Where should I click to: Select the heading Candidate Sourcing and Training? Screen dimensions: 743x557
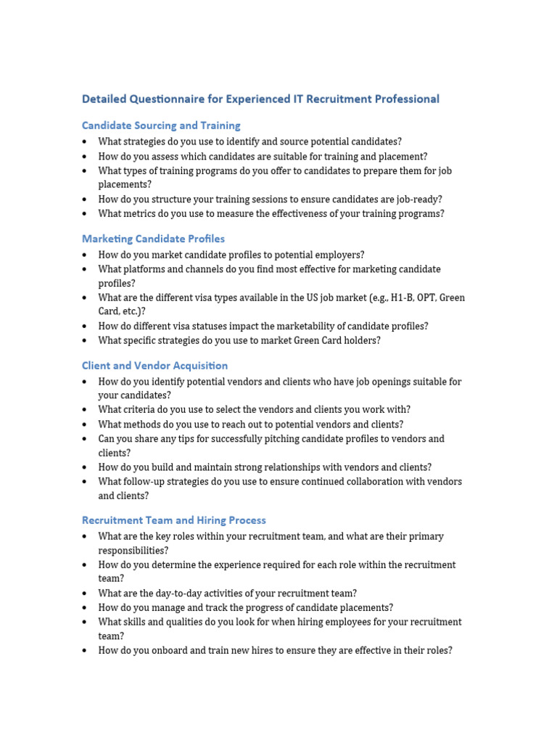click(161, 126)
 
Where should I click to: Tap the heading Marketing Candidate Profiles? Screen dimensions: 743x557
click(153, 239)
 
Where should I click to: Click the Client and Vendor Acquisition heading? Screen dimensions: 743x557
click(154, 366)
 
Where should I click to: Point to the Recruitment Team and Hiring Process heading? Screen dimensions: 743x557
click(174, 520)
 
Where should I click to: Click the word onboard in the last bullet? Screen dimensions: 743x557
click(170, 651)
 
